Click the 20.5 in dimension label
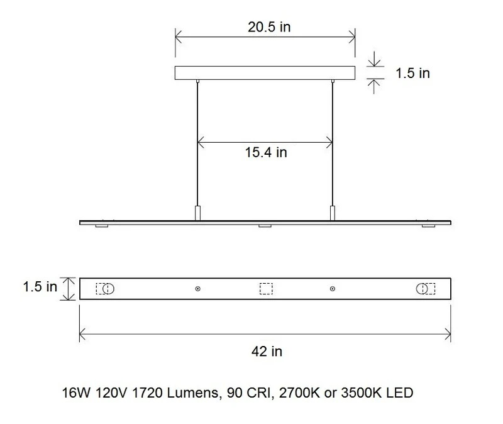click(x=269, y=27)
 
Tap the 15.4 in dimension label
click(x=266, y=152)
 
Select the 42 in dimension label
click(x=267, y=352)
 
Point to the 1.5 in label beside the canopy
click(x=412, y=73)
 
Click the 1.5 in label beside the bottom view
click(x=40, y=287)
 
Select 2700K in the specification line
click(x=300, y=393)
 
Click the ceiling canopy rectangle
click(x=265, y=73)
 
